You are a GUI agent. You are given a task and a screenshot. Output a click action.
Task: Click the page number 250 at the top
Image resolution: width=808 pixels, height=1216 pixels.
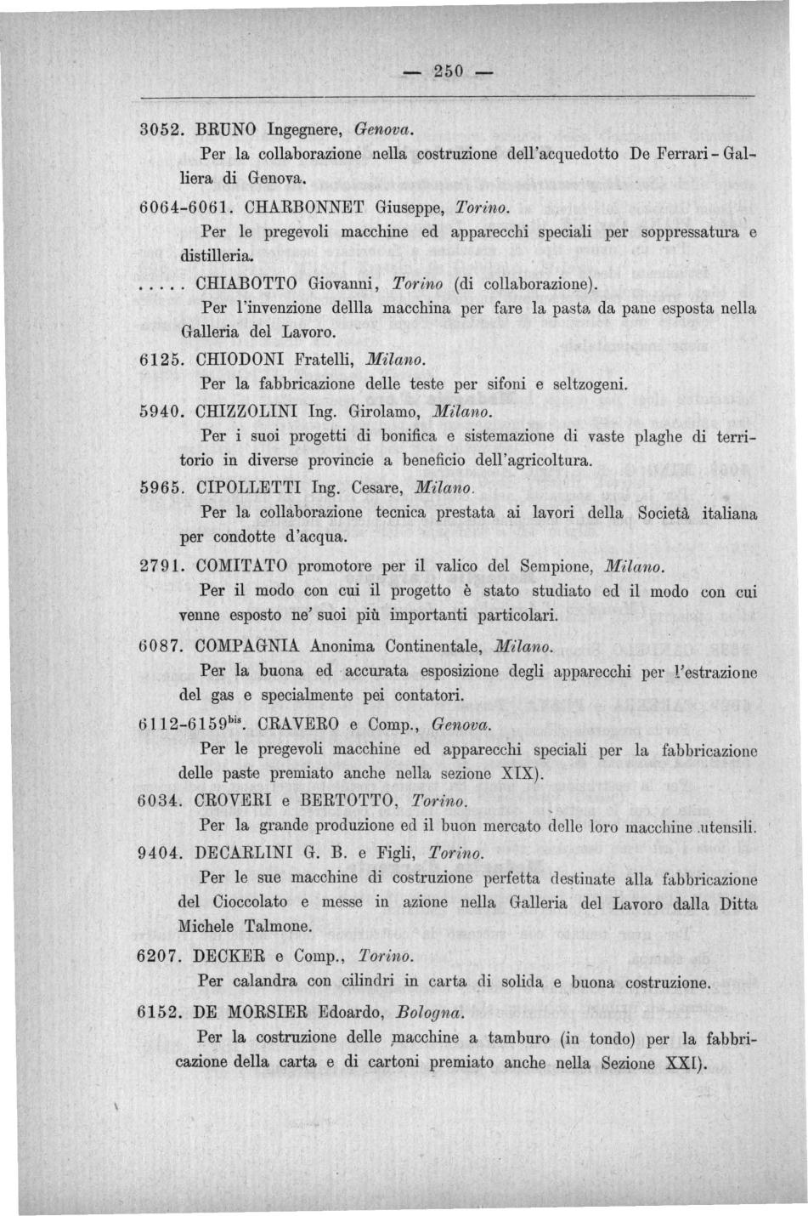pos(445,71)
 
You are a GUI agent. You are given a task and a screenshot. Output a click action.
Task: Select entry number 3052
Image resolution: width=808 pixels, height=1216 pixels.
pos(161,130)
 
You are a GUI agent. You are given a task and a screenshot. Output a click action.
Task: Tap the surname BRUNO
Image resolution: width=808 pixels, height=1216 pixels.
pos(226,130)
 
